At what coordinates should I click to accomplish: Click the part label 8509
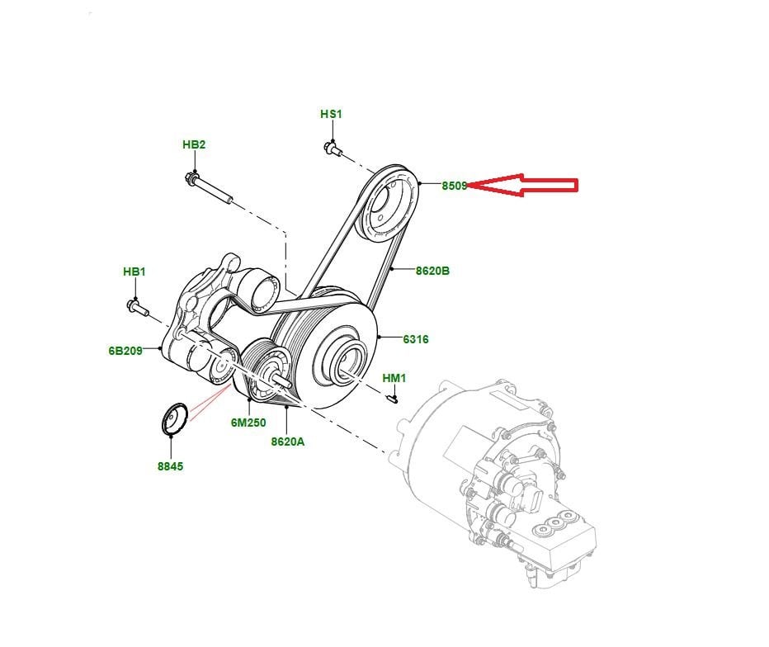click(455, 186)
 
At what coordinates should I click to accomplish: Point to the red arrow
click(528, 186)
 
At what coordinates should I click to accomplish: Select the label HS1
click(331, 114)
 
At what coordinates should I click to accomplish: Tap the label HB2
click(194, 144)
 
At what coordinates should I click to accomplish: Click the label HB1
click(134, 272)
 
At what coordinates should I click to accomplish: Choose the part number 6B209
click(125, 350)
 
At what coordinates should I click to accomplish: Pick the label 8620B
click(432, 270)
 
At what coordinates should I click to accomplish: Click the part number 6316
click(415, 338)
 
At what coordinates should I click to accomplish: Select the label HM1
click(394, 378)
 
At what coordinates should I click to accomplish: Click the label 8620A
click(287, 442)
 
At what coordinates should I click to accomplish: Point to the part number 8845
click(171, 466)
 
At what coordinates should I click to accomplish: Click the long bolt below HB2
click(210, 188)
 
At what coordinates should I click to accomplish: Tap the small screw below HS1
click(332, 149)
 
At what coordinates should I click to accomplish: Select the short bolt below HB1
click(137, 308)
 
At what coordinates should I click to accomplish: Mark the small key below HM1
click(394, 399)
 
